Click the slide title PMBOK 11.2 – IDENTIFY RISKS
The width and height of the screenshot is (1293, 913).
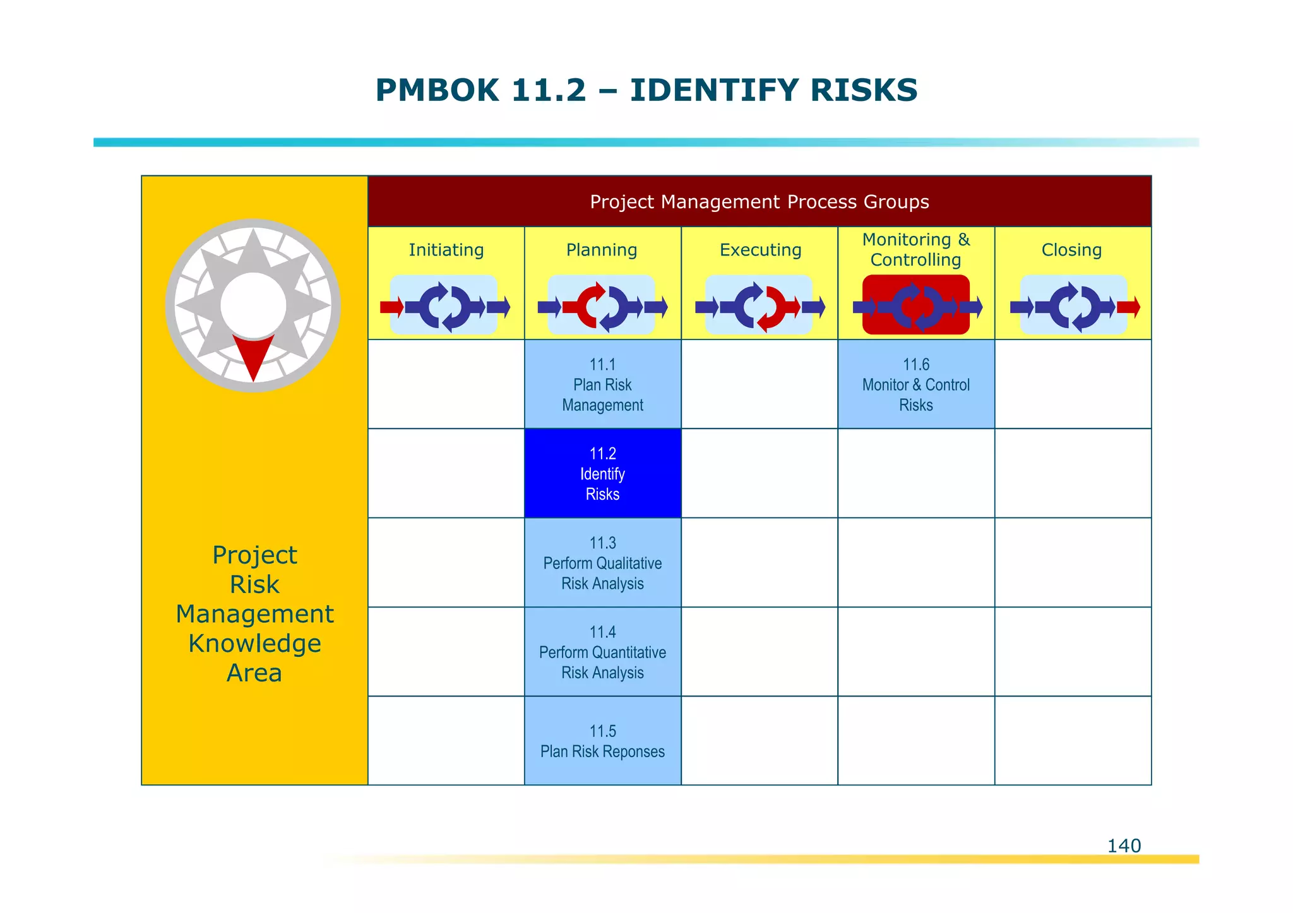[646, 90]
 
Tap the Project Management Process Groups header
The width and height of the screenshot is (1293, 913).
[759, 202]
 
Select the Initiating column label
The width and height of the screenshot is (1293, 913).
[446, 250]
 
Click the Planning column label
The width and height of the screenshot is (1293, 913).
[602, 250]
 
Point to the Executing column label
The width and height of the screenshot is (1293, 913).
[760, 250]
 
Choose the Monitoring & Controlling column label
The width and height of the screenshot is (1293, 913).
[915, 250]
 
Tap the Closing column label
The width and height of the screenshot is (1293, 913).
[1071, 250]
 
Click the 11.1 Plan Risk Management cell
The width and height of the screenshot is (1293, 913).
[602, 384]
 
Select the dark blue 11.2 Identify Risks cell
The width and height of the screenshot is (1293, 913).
[602, 473]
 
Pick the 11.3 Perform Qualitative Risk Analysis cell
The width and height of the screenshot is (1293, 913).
[602, 563]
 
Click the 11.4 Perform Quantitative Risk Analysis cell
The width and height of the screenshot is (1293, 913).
[602, 652]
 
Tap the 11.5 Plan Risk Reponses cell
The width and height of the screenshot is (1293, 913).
[602, 741]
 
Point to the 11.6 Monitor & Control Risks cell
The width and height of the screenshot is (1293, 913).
[915, 384]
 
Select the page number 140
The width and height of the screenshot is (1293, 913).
[1124, 845]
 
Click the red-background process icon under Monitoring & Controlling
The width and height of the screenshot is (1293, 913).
[915, 305]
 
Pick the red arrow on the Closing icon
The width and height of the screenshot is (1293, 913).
[1128, 307]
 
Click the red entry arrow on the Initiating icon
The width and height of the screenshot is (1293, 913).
[391, 307]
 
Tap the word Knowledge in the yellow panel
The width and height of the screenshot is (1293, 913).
[254, 644]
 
